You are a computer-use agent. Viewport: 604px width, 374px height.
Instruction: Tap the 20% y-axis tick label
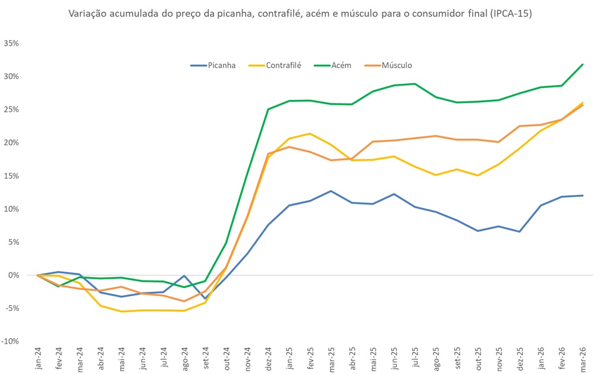(x=12, y=143)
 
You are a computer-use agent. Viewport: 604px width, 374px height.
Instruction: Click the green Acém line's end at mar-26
(x=582, y=64)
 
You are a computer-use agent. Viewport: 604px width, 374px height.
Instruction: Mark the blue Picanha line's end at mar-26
(x=582, y=196)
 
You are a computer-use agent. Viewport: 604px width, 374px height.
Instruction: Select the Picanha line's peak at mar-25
(x=331, y=191)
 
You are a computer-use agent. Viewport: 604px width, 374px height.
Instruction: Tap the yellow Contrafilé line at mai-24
(x=122, y=312)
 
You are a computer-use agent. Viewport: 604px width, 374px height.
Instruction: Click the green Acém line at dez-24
(x=268, y=109)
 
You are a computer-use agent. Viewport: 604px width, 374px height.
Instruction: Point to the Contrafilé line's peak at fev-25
(x=310, y=133)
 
